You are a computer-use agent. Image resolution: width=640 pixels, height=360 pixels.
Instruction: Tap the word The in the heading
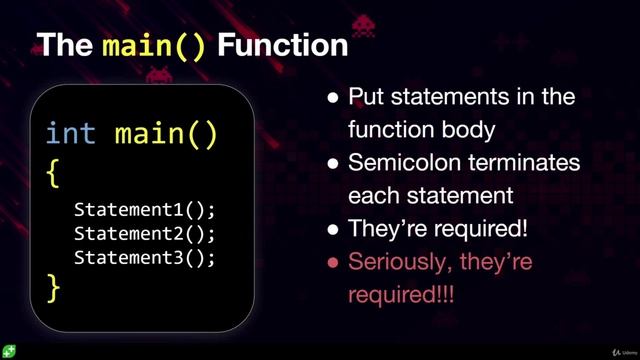[x=65, y=45]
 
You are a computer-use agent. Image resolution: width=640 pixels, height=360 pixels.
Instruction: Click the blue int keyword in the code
[x=71, y=133]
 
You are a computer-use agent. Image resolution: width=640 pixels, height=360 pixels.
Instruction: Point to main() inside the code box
[x=166, y=133]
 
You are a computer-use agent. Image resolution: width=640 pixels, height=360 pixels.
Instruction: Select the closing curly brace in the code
[x=54, y=288]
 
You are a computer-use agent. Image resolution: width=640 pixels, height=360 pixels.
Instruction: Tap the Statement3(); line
[x=144, y=256]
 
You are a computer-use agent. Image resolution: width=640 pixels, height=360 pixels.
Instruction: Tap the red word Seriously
[x=400, y=263]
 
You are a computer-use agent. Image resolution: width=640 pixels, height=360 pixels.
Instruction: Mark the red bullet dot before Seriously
[x=333, y=264]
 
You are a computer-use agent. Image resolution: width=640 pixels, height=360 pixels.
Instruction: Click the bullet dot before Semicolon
[x=333, y=164]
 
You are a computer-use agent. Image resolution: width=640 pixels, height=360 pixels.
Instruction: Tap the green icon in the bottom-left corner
[x=8, y=351]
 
